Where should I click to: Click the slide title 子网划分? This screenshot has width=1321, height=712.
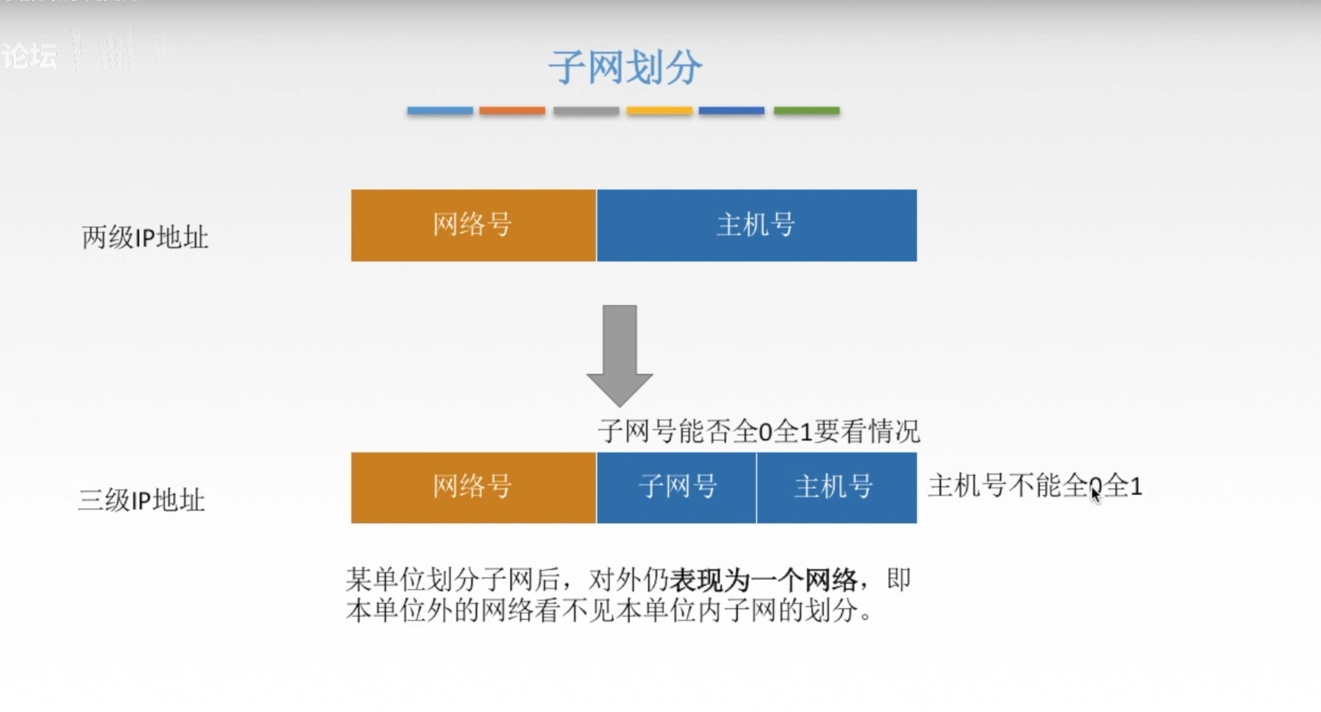coord(625,67)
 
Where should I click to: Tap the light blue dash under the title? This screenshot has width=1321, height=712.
coord(440,111)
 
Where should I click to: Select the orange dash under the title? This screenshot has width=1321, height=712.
coord(512,111)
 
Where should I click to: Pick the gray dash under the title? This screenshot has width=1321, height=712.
coord(586,111)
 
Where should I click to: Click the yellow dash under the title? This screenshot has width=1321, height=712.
coord(659,111)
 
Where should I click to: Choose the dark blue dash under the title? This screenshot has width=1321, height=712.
coord(731,111)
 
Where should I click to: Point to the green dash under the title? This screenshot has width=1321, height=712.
coord(806,111)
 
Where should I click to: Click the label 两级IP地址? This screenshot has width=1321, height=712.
coord(145,237)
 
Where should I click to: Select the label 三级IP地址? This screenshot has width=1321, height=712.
coord(141,500)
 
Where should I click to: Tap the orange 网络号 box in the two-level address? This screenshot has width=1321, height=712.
coord(473,225)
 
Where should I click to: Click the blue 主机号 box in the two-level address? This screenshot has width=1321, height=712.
coord(756,225)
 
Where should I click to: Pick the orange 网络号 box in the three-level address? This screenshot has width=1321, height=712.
coord(473,487)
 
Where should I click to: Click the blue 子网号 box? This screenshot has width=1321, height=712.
coord(676,487)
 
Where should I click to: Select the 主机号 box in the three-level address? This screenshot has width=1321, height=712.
coord(836,487)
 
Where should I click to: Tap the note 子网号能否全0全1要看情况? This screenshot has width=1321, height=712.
coord(758,432)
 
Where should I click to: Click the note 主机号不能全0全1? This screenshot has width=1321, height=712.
coord(1035,486)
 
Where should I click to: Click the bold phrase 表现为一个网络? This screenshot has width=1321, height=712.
coord(763,580)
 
